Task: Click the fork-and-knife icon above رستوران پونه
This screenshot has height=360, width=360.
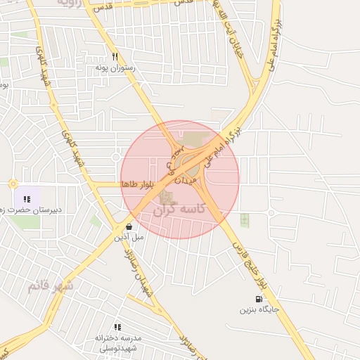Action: coord(115,58)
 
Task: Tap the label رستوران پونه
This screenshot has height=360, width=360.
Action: coord(115,69)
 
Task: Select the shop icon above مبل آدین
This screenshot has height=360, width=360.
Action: coord(129,227)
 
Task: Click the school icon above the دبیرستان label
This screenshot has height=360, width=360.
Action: coord(27,199)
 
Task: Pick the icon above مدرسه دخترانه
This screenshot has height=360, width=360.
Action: coord(117,327)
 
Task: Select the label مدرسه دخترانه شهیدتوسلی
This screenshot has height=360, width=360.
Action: coord(118,342)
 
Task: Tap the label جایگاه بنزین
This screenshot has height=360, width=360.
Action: coord(259,309)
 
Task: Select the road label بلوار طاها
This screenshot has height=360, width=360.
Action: coord(137,184)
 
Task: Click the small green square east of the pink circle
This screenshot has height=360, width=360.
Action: coord(245,219)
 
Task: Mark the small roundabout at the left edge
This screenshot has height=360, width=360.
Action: coord(13,184)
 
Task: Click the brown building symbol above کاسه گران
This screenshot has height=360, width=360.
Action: coord(167,198)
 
